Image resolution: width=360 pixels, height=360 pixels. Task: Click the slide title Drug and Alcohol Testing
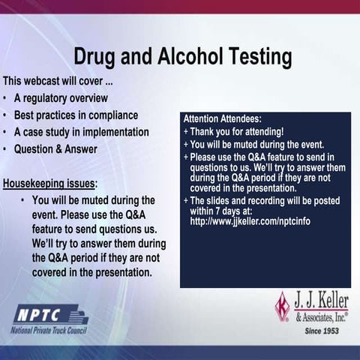tap(182, 58)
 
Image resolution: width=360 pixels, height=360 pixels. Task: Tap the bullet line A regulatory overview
tap(61, 98)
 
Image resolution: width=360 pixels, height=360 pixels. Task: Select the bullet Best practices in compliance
tap(76, 115)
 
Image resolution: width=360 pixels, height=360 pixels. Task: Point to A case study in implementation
tap(81, 132)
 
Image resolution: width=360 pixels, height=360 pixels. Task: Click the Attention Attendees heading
tap(223, 118)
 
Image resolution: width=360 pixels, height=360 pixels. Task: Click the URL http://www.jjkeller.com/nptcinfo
tap(250, 221)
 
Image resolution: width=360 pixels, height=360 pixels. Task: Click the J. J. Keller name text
tap(322, 301)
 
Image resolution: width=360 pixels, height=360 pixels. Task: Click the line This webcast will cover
tap(58, 81)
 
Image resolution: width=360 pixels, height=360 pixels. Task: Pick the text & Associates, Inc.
tap(322, 316)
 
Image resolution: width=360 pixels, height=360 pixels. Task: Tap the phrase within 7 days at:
tap(223, 211)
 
